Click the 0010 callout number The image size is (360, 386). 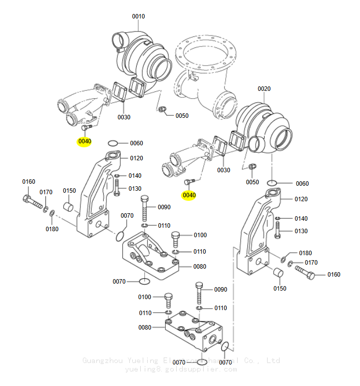[138, 16]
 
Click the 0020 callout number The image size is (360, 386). [264, 89]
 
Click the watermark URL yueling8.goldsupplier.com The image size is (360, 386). [180, 370]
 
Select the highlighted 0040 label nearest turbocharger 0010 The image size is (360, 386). [85, 141]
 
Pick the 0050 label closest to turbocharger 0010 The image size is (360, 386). [182, 116]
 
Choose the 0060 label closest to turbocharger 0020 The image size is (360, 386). [302, 183]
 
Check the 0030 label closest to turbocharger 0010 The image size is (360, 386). [124, 117]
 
